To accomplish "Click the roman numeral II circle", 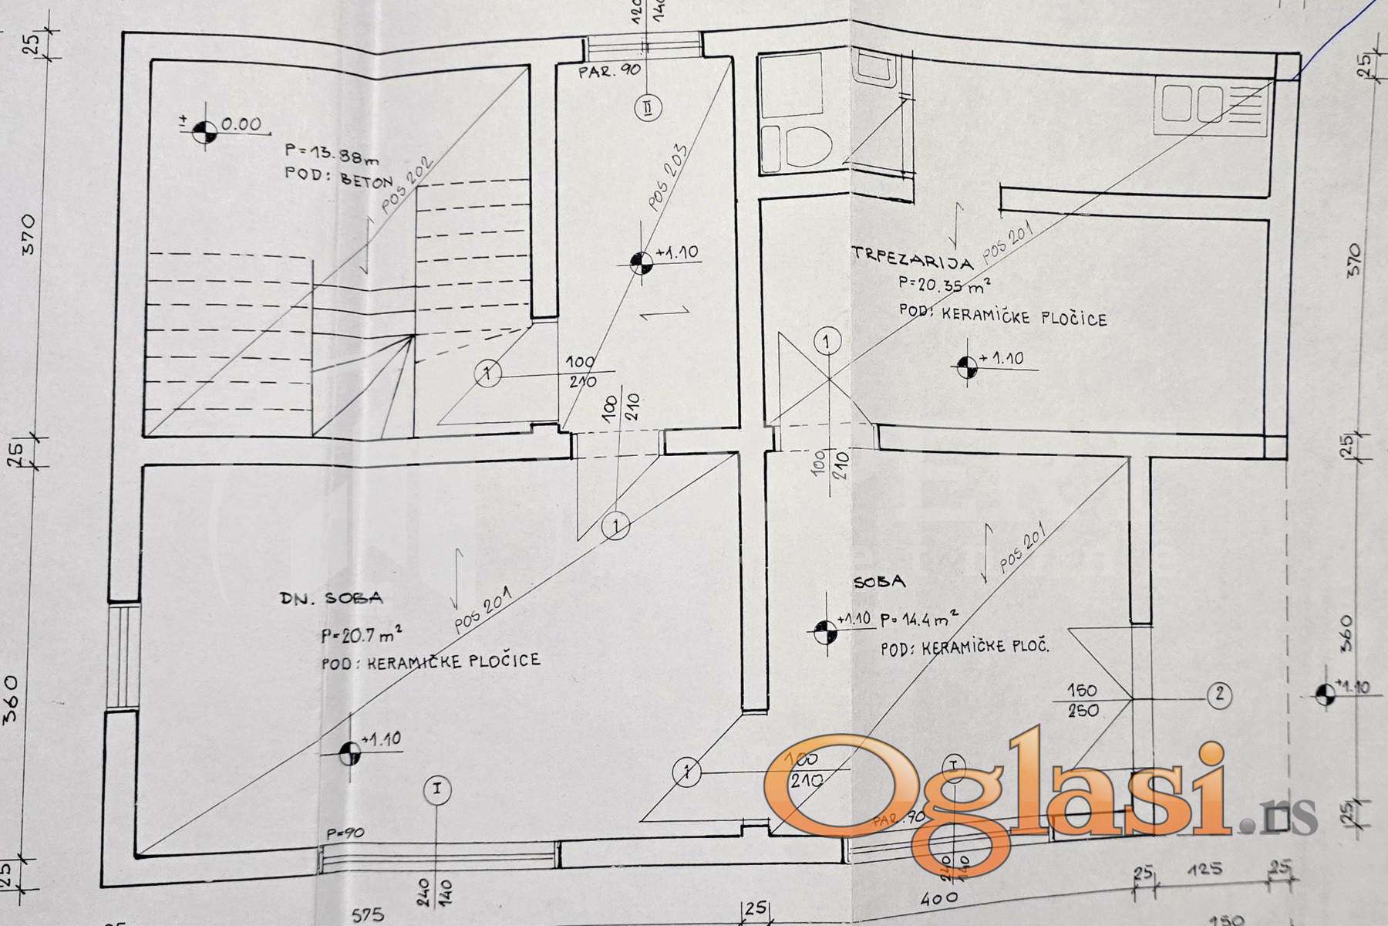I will click(645, 107).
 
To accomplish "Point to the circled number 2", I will click(1219, 694).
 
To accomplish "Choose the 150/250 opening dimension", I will click(1083, 701).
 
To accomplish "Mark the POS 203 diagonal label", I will click(668, 178).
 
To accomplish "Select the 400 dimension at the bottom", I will click(939, 897).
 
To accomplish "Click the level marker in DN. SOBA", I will click(350, 752).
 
